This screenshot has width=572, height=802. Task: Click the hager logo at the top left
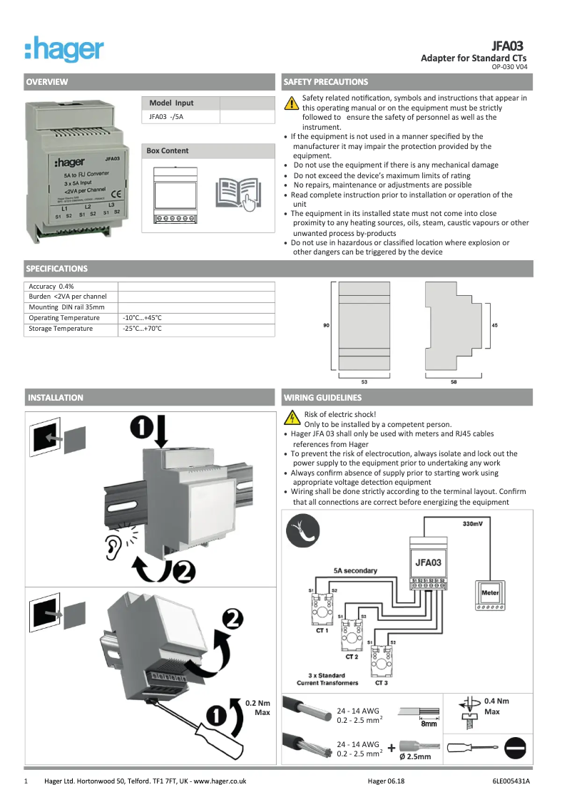tap(64, 50)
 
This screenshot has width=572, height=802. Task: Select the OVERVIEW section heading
tap(47, 82)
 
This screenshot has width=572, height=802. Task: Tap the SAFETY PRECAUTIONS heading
tap(325, 82)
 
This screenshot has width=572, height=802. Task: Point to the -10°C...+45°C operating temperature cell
tap(142, 317)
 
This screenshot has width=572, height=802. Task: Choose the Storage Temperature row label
tap(61, 329)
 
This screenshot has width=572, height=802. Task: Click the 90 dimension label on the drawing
tap(326, 325)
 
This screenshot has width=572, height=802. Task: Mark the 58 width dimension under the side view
tap(454, 382)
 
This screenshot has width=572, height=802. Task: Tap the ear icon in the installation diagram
tap(113, 547)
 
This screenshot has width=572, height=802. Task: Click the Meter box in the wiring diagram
tap(490, 593)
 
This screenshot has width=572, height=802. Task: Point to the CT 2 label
tap(352, 656)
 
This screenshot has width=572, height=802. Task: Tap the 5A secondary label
tap(355, 570)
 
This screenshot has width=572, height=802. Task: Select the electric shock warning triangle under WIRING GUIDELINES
tap(291, 418)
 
